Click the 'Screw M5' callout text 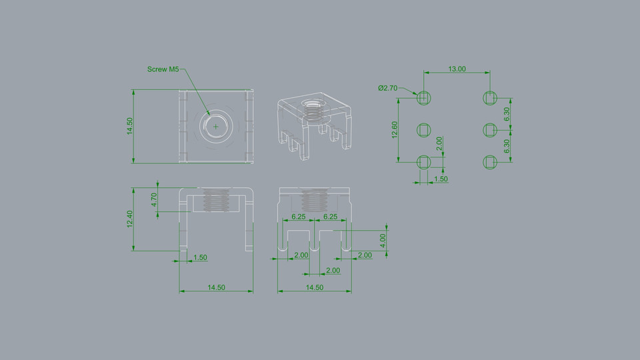(x=163, y=69)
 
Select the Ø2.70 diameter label (x=387, y=87)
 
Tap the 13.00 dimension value (x=457, y=69)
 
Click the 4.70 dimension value (x=153, y=200)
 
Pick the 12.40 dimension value (x=130, y=219)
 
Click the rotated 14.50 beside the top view (x=130, y=126)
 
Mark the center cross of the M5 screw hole (x=216, y=125)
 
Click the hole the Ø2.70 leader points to (x=424, y=98)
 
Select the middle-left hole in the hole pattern (x=424, y=129)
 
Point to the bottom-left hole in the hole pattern (x=424, y=161)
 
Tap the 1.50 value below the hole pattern (x=441, y=179)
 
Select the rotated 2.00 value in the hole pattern (x=439, y=144)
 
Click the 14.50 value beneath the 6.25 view (x=314, y=287)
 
